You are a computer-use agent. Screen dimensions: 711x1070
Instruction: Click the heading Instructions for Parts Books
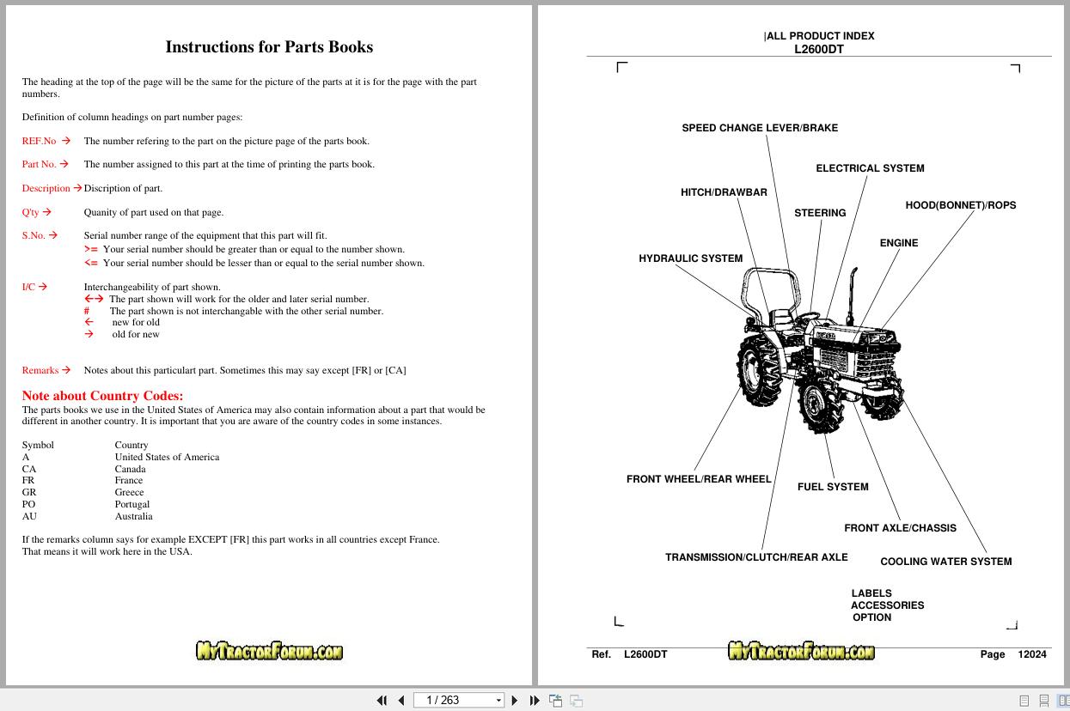(x=269, y=47)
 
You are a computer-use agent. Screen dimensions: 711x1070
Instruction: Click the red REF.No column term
(x=39, y=141)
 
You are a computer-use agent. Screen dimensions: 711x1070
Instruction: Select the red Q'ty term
(x=30, y=212)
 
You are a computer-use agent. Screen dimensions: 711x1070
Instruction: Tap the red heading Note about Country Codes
(x=102, y=396)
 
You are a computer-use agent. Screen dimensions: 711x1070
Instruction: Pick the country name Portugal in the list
(x=132, y=504)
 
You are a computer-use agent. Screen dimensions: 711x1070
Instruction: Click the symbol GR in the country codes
(x=29, y=492)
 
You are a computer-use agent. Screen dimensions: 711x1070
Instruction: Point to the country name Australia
(x=133, y=516)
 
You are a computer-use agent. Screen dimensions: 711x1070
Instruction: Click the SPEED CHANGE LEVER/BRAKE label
(x=760, y=128)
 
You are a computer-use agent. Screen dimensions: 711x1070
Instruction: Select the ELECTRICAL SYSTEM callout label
(x=870, y=168)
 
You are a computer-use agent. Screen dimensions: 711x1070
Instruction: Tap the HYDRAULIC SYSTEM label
(x=690, y=258)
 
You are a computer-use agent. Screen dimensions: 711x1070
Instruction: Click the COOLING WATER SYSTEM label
(x=945, y=562)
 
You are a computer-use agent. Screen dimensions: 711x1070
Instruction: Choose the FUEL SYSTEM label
(x=833, y=487)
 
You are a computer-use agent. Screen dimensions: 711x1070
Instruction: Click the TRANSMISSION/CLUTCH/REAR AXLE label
(x=756, y=557)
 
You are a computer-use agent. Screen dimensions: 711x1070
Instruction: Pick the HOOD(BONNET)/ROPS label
(x=960, y=205)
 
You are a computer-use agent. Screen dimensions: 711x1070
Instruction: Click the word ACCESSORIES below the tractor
(x=887, y=605)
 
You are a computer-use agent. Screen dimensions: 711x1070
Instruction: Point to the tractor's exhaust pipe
(x=853, y=292)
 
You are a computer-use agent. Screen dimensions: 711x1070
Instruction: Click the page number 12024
(x=1031, y=654)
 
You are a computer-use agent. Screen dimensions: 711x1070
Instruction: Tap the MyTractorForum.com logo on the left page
(x=269, y=652)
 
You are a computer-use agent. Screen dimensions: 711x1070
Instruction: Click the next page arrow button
(x=515, y=701)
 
